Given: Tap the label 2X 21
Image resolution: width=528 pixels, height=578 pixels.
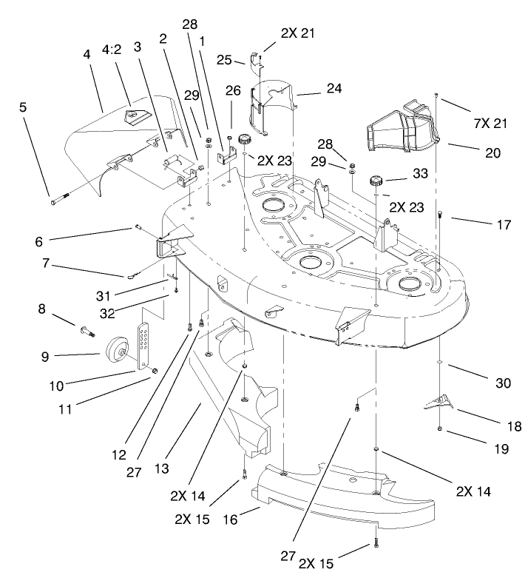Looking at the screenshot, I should pyautogui.click(x=298, y=33).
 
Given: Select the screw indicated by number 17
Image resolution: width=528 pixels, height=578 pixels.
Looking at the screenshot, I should pyautogui.click(x=441, y=215).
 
